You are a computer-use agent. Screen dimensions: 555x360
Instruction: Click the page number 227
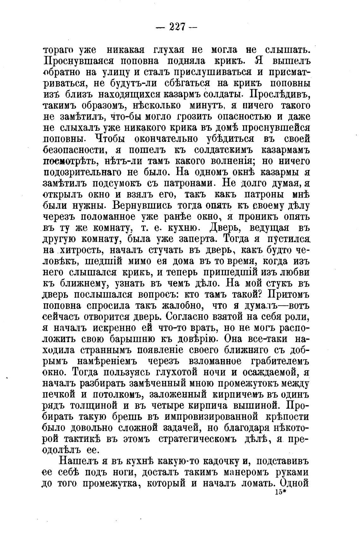pyautogui.click(x=177, y=27)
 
